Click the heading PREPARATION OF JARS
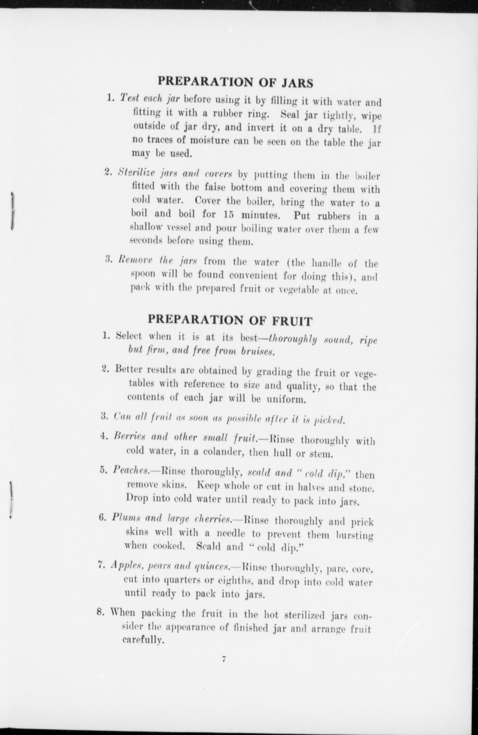(236, 83)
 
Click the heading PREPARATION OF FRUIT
(230, 320)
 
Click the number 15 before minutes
(229, 214)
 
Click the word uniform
(287, 400)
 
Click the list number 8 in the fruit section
(101, 612)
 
